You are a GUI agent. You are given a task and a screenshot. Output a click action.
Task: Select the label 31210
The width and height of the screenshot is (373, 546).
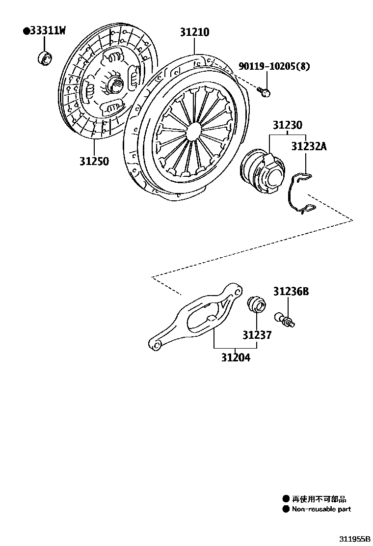coord(194,32)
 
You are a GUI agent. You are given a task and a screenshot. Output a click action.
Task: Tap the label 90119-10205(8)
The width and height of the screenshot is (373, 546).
coord(274,66)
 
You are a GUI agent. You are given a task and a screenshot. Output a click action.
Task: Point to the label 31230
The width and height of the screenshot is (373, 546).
coord(288,126)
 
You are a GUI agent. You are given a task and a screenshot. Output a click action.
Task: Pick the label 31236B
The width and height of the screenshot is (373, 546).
coord(291,292)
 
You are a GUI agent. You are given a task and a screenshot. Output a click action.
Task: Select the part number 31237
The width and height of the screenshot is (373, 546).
coord(256,335)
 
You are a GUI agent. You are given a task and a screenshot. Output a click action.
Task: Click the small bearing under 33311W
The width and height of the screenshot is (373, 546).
coord(45,57)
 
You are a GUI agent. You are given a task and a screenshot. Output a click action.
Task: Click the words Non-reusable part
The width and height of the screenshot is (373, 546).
coord(321,509)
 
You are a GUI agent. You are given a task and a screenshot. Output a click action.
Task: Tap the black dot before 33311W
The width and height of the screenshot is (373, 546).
coord(26,31)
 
